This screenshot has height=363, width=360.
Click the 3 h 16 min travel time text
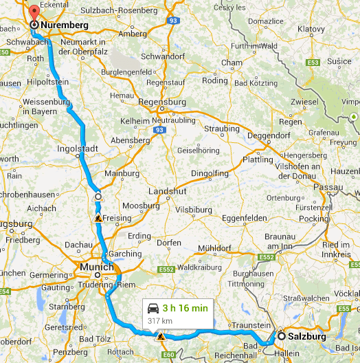pos(185,308)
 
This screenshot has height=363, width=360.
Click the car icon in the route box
pos(153,308)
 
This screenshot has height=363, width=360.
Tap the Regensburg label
pos(163,102)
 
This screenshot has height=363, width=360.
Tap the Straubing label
pos(221,129)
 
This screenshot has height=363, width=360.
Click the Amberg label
pos(133,34)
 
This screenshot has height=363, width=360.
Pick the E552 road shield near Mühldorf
pos(267,258)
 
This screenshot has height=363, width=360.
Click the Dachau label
pos(78,244)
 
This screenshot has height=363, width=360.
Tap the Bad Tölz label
pos(94,341)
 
